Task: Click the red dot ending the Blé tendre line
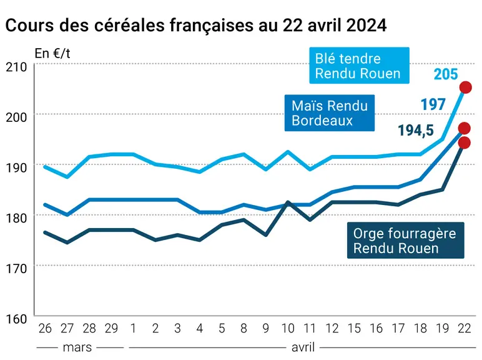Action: pos(465,87)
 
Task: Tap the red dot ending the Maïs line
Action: pos(464,128)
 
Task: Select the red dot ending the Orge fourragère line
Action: pos(464,142)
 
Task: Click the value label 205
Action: pos(446,74)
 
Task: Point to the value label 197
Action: pos(433,104)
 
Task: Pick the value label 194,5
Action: pos(416,130)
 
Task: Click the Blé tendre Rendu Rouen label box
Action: pos(359,66)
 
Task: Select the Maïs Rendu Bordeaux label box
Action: pos(330,113)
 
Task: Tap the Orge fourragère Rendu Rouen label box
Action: pos(405,240)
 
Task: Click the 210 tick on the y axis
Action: pos(16,67)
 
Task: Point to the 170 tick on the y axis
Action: pos(16,269)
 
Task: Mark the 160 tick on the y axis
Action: pos(16,319)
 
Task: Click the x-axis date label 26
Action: pos(45,329)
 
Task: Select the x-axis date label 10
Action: pos(288,329)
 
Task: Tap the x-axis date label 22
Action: pos(465,329)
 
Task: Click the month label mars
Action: pos(77,347)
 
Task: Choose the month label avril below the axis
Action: pos(303,347)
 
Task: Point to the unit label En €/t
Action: pos(52,54)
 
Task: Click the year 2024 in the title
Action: pos(366,26)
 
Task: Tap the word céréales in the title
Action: pos(129,25)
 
